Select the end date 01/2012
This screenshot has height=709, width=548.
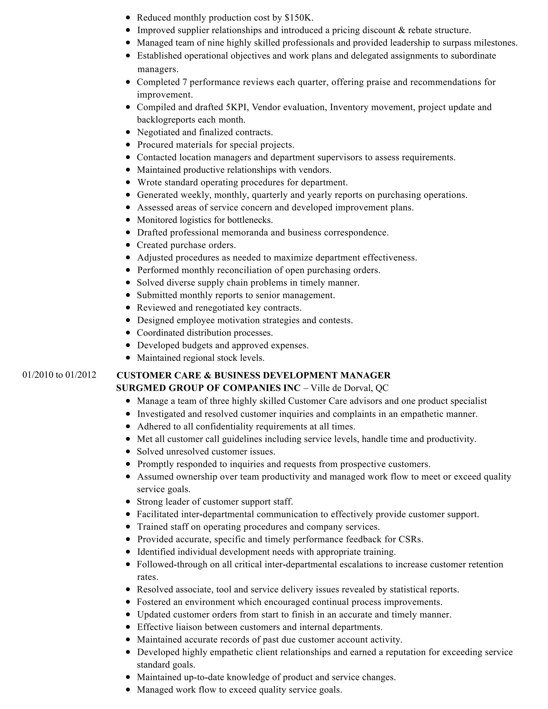coord(81,375)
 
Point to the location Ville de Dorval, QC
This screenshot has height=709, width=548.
coord(349,388)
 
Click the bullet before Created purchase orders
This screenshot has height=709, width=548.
coord(128,245)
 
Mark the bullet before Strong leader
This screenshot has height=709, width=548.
coord(128,502)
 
